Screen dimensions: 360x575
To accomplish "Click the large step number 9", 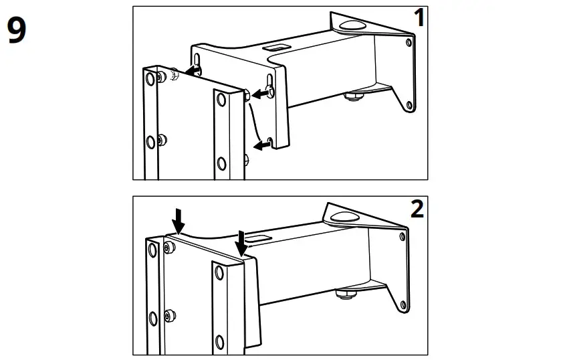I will [17, 31].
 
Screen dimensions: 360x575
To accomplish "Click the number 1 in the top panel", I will [419, 18].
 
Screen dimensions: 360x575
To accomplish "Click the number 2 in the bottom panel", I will [417, 209].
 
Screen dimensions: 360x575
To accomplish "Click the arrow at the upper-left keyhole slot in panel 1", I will [193, 70].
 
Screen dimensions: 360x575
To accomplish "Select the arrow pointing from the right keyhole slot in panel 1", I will [259, 95].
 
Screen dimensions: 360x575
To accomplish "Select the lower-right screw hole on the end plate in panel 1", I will [410, 104].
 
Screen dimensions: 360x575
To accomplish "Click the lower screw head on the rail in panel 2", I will [169, 314].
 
